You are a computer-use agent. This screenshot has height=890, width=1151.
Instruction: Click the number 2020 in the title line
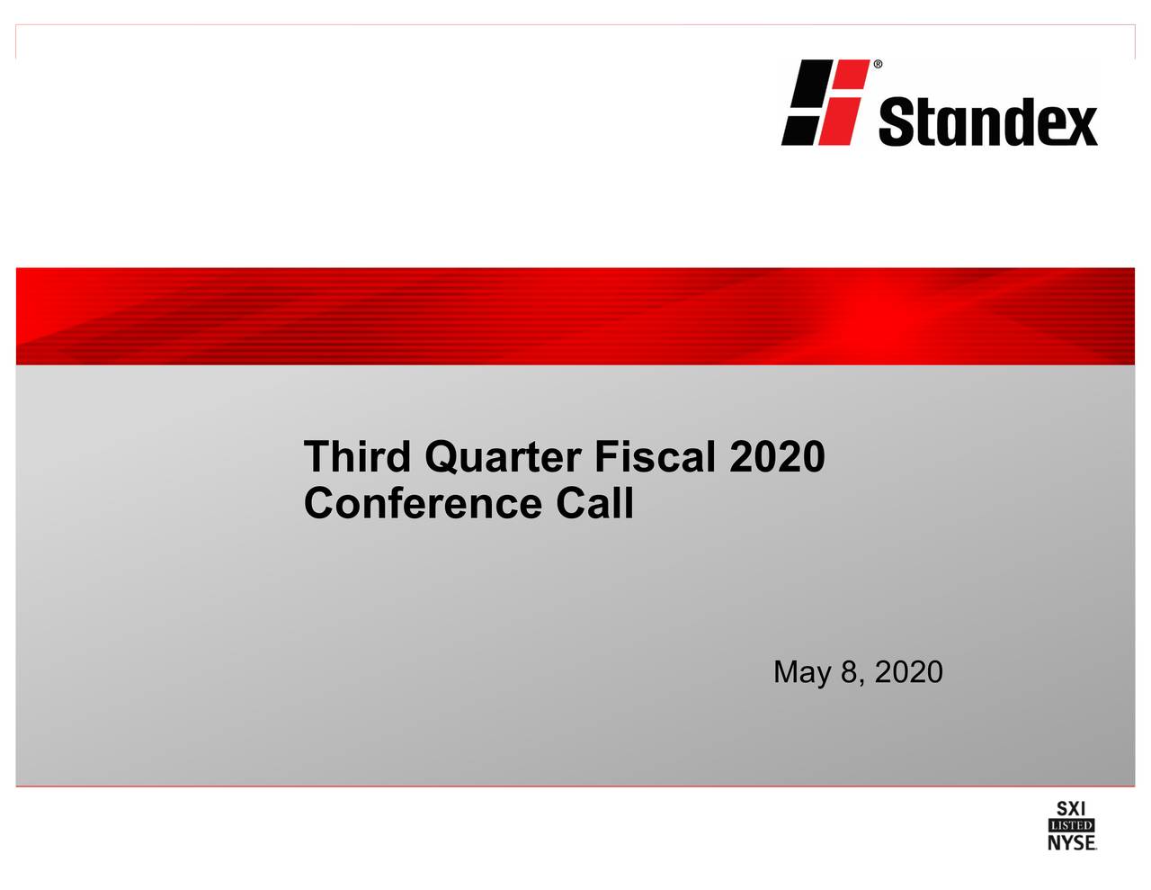coord(777,456)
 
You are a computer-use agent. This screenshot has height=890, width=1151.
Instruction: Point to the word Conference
coord(423,503)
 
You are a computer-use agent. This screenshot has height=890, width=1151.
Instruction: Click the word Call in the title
coord(594,503)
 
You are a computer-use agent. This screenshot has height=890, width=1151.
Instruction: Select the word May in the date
coord(802,672)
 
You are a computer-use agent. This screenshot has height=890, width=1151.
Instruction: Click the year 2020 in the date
coord(909,671)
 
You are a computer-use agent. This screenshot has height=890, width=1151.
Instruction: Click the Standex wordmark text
coord(987,121)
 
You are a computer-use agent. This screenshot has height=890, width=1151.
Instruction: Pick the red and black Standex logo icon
coord(825,102)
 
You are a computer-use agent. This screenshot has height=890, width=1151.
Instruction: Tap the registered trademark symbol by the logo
coord(878,65)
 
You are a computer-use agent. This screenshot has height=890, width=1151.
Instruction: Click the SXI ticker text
coord(1071,808)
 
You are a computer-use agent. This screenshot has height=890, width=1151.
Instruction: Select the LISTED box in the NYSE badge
coord(1071,825)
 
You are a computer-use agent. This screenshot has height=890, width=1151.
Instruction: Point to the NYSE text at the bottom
coord(1071,842)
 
